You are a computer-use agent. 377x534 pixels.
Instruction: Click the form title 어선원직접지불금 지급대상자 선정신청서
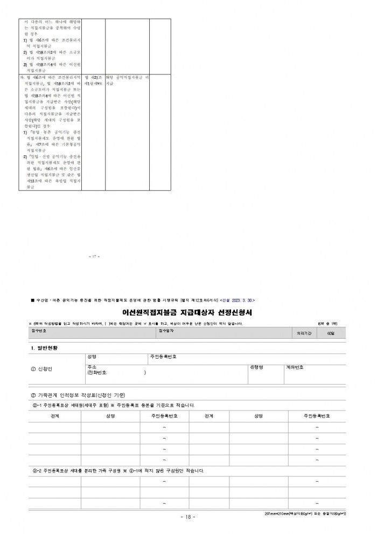[188, 312]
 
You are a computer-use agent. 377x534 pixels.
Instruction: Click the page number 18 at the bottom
[188, 517]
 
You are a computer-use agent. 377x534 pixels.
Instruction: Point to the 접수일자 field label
[166, 330]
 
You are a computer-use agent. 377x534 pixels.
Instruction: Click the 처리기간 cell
[301, 333]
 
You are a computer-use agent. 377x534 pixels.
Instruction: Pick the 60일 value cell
[330, 333]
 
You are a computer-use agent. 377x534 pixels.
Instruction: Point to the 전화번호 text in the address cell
[97, 373]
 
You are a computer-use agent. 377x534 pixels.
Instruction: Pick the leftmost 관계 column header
[54, 416]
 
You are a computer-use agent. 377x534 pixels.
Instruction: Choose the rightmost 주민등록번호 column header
[316, 416]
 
